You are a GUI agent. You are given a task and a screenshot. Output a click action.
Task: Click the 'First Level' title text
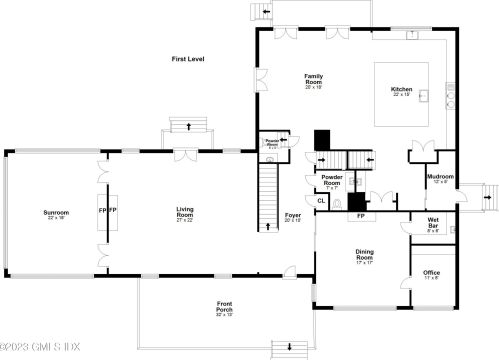(186, 59)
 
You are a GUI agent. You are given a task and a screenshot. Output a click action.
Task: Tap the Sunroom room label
(55, 213)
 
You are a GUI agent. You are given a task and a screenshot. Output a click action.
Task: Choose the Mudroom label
(440, 177)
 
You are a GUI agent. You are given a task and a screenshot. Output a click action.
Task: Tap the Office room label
(432, 272)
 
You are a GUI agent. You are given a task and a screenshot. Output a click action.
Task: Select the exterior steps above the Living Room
(187, 127)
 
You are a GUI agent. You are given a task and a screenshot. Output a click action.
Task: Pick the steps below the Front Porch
(289, 347)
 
